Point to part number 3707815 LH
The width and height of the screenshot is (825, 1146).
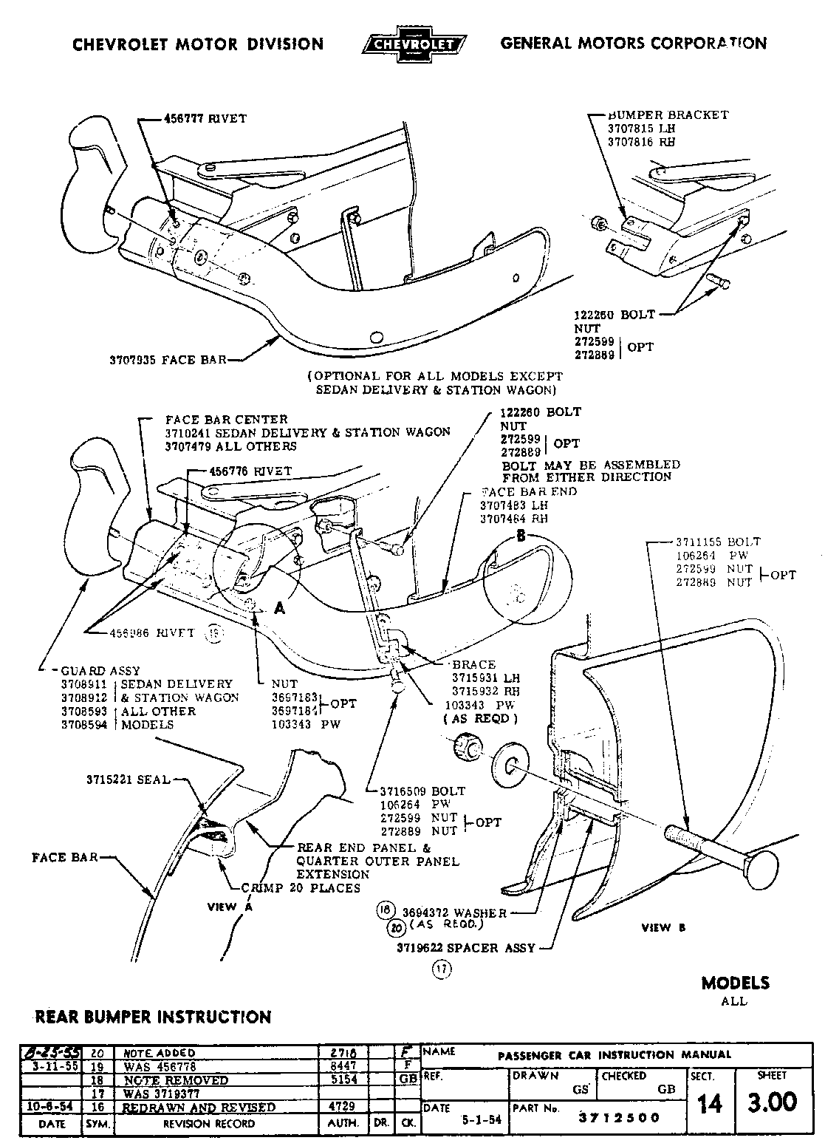pyautogui.click(x=641, y=129)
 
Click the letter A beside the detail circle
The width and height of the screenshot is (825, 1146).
pyautogui.click(x=280, y=608)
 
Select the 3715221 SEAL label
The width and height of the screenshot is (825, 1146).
pyautogui.click(x=128, y=780)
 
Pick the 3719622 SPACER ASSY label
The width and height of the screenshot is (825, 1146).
pyautogui.click(x=458, y=947)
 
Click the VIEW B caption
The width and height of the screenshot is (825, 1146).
pyautogui.click(x=656, y=927)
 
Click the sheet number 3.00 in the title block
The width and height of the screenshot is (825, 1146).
pyautogui.click(x=772, y=1103)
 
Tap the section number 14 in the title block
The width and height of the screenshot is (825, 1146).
pyautogui.click(x=709, y=1104)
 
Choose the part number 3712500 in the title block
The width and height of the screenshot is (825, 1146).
pyautogui.click(x=620, y=1117)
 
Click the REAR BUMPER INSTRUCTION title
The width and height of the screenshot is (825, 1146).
pyautogui.click(x=154, y=1017)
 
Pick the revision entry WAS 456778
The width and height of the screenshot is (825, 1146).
pyautogui.click(x=157, y=1066)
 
